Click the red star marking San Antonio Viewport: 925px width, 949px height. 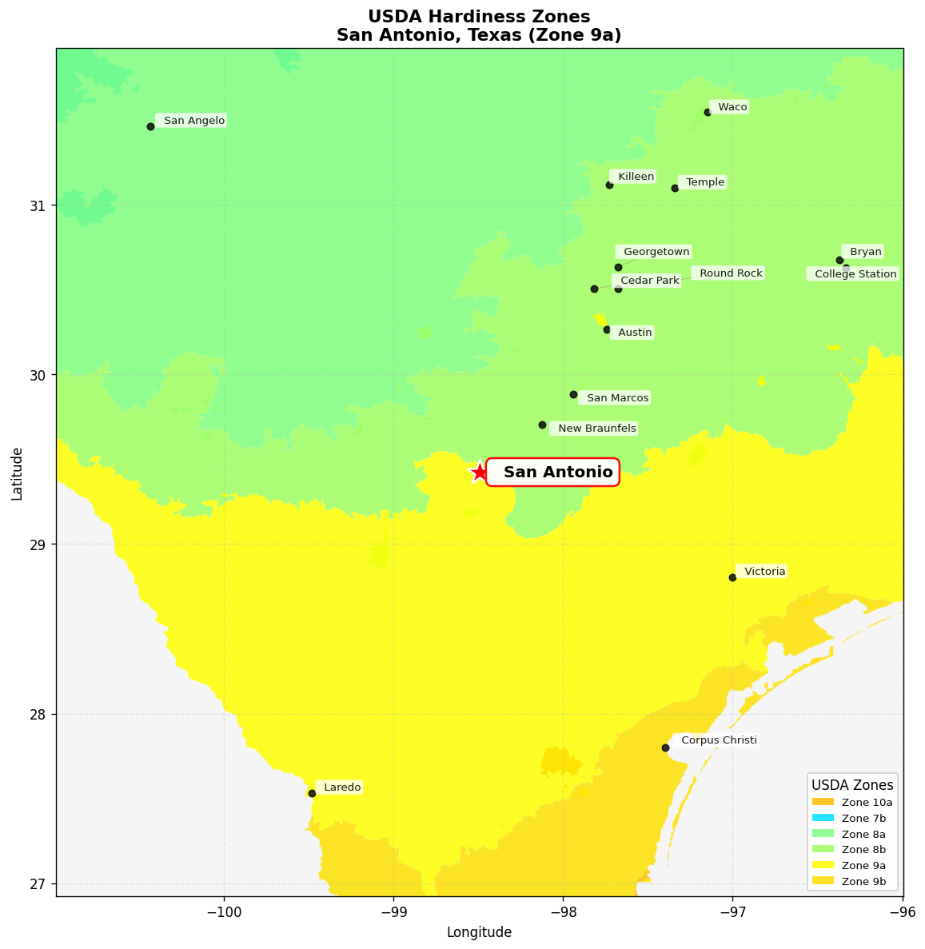pos(479,473)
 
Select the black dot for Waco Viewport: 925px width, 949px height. pos(708,112)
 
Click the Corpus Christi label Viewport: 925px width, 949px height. pos(718,740)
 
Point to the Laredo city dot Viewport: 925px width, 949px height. pos(312,793)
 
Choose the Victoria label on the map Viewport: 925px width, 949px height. pos(764,571)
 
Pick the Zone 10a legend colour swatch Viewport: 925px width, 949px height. pos(823,802)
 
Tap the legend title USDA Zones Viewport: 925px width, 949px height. pos(852,784)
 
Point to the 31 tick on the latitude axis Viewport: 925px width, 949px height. pos(38,205)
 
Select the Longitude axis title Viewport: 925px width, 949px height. pos(479,932)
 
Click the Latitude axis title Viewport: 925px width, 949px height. pos(17,473)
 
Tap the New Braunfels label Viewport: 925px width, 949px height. pos(596,429)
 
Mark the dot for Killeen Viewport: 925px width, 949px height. pos(609,185)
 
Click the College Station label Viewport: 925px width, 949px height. pos(855,274)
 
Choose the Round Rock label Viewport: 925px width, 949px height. pos(730,273)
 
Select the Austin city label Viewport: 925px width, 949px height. pos(635,333)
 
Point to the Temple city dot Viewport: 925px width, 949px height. pos(675,188)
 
